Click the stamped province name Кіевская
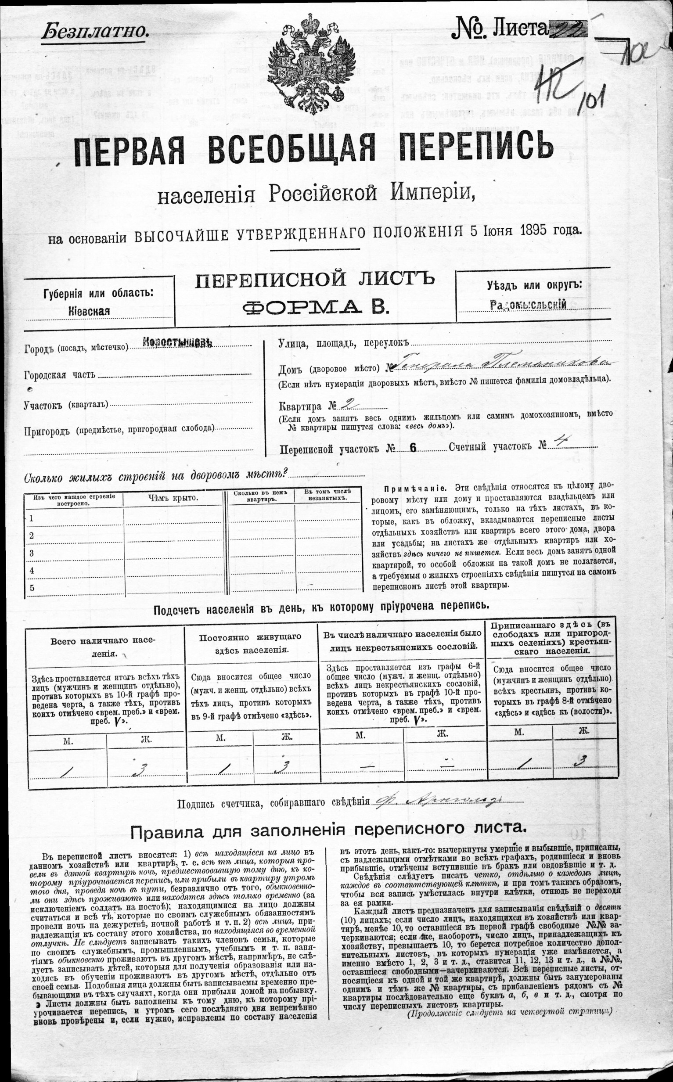tap(89, 310)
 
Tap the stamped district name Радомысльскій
tap(528, 305)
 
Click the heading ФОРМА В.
tap(314, 306)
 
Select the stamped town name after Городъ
tap(176, 343)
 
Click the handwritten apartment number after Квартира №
tap(350, 405)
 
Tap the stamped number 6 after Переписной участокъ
tap(413, 448)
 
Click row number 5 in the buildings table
tap(32, 588)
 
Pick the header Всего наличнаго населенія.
tap(103, 647)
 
